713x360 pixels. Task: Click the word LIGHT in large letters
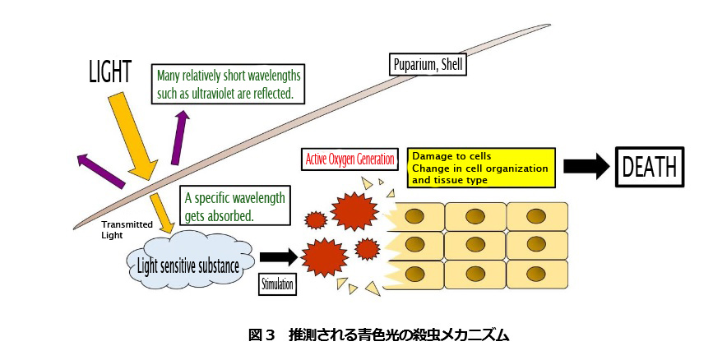tap(109, 73)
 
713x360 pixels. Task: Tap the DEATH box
tap(650, 168)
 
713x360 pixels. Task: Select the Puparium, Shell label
tap(428, 64)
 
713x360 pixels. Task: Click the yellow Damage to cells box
tap(480, 167)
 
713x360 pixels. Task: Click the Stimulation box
tap(277, 285)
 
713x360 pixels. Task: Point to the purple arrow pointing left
tap(98, 164)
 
